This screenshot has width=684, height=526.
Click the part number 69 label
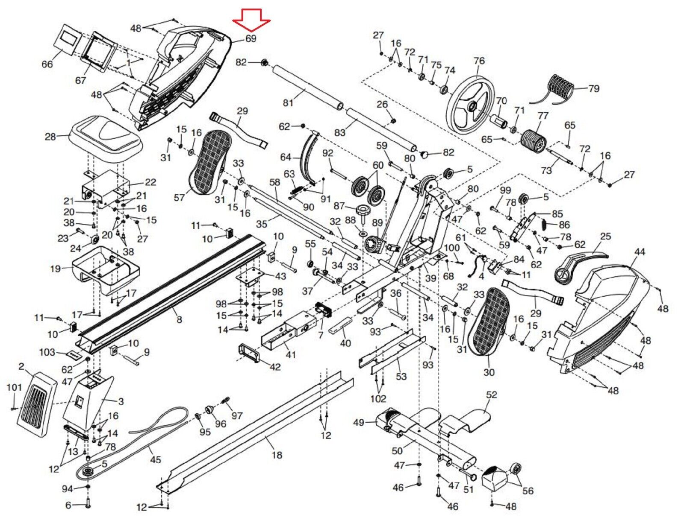click(251, 38)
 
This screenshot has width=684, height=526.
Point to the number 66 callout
click(47, 64)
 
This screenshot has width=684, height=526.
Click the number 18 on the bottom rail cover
click(277, 455)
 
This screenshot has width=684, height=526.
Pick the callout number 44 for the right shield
click(640, 252)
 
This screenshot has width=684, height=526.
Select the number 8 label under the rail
click(179, 319)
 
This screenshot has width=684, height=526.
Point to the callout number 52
click(492, 395)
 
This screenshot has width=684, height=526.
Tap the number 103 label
click(47, 353)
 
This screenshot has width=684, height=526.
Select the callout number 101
click(14, 387)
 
